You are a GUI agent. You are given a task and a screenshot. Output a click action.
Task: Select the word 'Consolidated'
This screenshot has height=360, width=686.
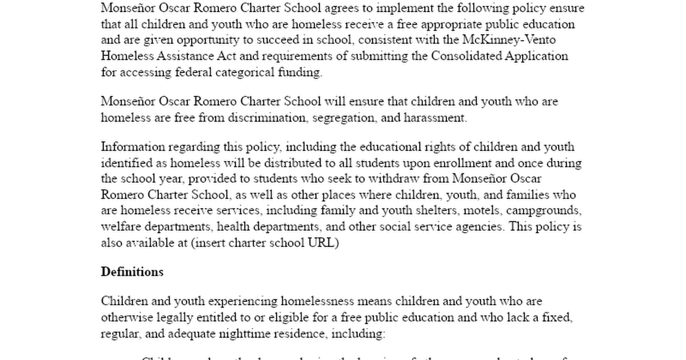(466, 56)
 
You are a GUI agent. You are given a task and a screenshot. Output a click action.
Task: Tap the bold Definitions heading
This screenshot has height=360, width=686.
(132, 272)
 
